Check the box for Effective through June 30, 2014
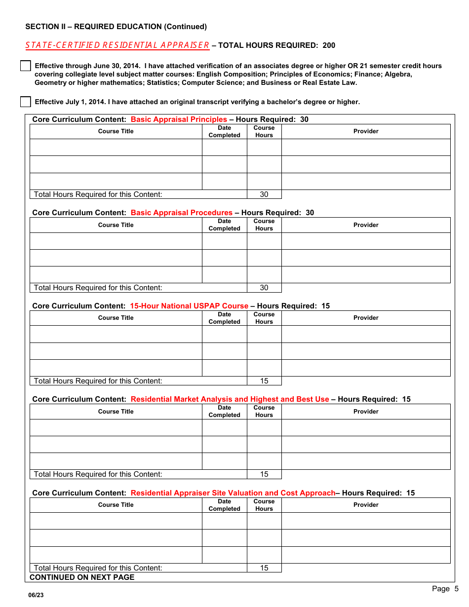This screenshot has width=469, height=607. (25, 66)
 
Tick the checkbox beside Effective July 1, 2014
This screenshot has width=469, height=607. (25, 102)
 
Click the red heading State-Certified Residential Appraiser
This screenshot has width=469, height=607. (117, 45)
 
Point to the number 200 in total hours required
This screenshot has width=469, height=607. (329, 45)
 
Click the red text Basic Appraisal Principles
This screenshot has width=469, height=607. (179, 119)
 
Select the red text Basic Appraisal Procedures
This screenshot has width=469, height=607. (181, 213)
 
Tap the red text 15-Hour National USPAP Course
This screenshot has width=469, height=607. (189, 306)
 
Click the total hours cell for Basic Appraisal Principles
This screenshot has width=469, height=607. (264, 194)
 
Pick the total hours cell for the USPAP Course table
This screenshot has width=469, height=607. (264, 381)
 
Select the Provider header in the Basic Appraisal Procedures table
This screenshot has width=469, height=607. (366, 225)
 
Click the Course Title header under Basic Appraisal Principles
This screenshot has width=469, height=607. (116, 131)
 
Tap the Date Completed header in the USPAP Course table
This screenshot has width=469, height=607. (224, 318)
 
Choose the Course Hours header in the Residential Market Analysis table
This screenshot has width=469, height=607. (264, 412)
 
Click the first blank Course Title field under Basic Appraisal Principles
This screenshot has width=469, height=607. (116, 148)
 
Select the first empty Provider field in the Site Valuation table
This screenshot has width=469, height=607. (366, 521)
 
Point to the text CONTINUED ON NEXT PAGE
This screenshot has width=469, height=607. (82, 577)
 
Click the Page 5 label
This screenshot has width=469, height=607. (445, 589)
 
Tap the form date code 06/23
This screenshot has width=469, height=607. (36, 595)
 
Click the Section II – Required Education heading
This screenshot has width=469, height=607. (116, 27)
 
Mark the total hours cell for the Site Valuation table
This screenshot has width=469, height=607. (264, 568)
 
